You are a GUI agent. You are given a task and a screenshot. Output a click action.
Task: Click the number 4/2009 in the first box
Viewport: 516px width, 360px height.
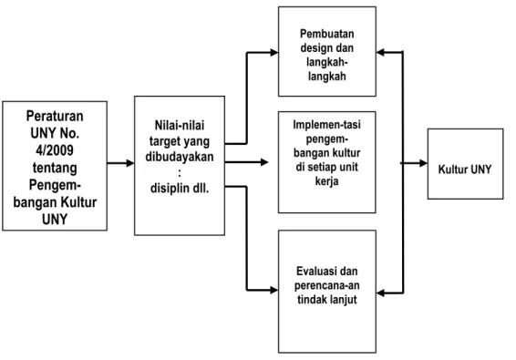(x=55, y=150)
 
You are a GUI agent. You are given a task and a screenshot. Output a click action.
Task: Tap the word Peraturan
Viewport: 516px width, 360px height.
(x=55, y=116)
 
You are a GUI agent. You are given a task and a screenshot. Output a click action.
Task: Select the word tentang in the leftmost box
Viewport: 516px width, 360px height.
(x=55, y=168)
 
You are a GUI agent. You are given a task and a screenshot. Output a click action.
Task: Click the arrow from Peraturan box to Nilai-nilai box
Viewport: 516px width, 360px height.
(x=120, y=163)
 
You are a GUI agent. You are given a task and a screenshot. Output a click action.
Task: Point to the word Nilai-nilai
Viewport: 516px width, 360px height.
(x=180, y=125)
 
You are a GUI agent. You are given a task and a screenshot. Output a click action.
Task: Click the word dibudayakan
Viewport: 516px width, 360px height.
(x=180, y=157)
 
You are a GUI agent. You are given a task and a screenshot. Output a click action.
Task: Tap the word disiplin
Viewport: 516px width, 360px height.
(x=170, y=189)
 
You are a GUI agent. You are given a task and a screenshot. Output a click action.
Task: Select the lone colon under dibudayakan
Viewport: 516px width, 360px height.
(x=180, y=173)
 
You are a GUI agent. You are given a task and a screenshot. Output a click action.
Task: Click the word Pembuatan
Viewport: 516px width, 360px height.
(x=326, y=34)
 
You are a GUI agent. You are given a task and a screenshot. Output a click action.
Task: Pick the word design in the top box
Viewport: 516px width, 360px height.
(x=315, y=48)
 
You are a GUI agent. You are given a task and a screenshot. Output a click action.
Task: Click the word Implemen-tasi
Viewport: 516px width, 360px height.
(x=326, y=124)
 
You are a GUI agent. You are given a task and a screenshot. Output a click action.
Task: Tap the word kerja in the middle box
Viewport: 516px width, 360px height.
(x=326, y=181)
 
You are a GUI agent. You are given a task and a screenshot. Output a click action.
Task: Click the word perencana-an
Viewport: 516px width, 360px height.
(x=326, y=285)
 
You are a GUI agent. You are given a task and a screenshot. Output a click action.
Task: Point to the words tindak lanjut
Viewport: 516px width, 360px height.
(x=326, y=300)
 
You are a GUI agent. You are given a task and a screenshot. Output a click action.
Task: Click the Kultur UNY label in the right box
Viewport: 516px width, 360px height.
(x=465, y=170)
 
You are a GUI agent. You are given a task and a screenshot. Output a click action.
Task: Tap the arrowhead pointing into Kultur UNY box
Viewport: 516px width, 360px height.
(x=423, y=163)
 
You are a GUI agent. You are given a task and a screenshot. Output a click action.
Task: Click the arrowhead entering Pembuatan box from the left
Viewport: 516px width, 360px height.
(x=274, y=52)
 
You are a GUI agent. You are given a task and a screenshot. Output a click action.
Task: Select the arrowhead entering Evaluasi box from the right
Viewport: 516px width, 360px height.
(x=380, y=293)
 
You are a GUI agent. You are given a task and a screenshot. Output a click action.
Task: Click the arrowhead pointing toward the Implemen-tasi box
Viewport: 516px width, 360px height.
(x=264, y=162)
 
